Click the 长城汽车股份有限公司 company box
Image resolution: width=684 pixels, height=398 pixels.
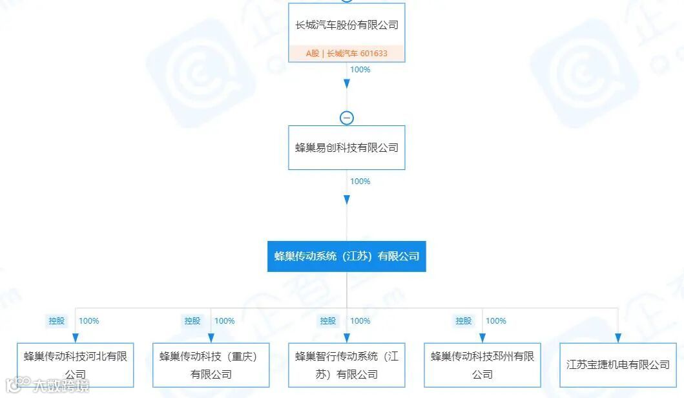pos(347,26)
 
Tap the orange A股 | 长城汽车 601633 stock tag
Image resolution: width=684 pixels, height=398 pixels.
pos(347,54)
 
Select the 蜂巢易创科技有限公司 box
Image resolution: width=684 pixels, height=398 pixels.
pos(347,147)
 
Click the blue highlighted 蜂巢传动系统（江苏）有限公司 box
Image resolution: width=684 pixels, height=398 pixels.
pos(347,256)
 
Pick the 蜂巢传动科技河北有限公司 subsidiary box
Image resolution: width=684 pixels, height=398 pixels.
pos(76,365)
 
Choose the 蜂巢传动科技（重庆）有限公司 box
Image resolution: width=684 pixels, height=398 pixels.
pos(211,365)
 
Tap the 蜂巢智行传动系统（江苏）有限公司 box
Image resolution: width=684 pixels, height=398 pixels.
pos(347,365)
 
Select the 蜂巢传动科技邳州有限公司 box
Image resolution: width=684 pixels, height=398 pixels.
pos(482,365)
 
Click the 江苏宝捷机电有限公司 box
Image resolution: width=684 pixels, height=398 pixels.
pos(618,365)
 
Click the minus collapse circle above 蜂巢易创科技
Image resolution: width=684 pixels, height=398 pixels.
pos(347,118)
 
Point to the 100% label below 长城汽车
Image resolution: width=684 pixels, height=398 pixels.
pos(360,70)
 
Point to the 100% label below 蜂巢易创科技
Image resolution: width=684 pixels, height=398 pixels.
pos(360,182)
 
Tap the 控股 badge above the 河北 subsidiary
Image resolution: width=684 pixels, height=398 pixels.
pos(57,320)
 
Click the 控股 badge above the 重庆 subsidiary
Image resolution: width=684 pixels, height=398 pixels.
pos(192,320)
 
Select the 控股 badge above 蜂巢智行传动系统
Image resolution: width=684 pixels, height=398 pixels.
pos(328,320)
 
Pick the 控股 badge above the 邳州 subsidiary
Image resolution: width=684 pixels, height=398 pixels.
pos(464,320)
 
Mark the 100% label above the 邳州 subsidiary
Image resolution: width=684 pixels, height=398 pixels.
pos(496,320)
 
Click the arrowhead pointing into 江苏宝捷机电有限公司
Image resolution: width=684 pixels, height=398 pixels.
pos(618,338)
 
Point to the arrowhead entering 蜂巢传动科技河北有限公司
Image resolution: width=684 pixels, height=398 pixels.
pos(76,338)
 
